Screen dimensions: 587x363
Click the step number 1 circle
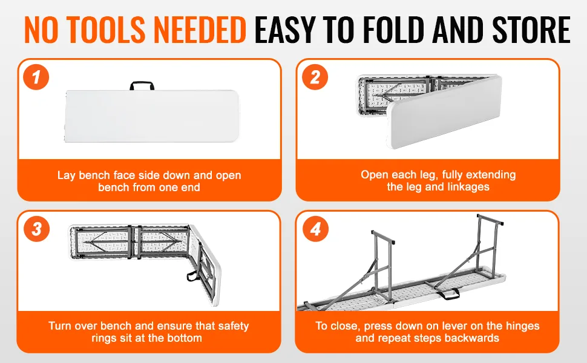tap(36, 77)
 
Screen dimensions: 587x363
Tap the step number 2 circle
tap(315, 77)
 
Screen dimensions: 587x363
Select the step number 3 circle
tap(37, 229)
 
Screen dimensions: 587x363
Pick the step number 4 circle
tap(315, 229)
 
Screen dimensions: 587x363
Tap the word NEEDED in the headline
tap(200, 29)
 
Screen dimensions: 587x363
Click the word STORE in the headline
tap(531, 29)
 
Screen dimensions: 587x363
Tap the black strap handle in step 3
tap(193, 276)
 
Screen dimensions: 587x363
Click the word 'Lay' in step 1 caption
tap(66, 175)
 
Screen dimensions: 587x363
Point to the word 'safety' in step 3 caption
tap(233, 326)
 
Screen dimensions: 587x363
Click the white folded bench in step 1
tap(151, 116)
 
